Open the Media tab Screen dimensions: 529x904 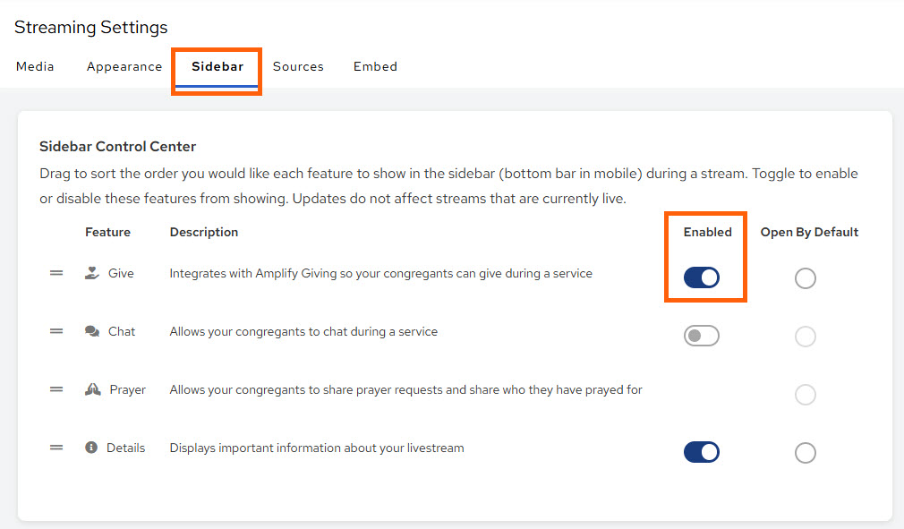pyautogui.click(x=35, y=66)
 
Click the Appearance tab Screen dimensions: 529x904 pyautogui.click(x=124, y=66)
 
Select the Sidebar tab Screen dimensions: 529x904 pyautogui.click(x=217, y=66)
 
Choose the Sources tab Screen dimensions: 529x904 pyautogui.click(x=298, y=66)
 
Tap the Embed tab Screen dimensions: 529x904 pyautogui.click(x=375, y=66)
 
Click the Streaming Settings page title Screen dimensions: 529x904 pyautogui.click(x=90, y=28)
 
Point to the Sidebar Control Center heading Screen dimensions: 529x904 pyautogui.click(x=117, y=146)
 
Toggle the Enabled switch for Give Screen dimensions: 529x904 pyautogui.click(x=702, y=277)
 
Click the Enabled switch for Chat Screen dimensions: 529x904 pyautogui.click(x=702, y=336)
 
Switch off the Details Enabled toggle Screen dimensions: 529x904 pyautogui.click(x=702, y=452)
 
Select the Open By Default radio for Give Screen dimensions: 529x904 pyautogui.click(x=806, y=278)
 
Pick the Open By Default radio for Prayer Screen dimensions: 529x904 pyautogui.click(x=806, y=395)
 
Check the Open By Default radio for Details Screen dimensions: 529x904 pyautogui.click(x=806, y=453)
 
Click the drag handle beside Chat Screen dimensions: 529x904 pyautogui.click(x=56, y=331)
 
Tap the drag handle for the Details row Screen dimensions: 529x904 pyautogui.click(x=56, y=448)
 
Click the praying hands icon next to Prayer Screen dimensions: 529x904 pyautogui.click(x=92, y=389)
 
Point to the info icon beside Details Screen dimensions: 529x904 pyautogui.click(x=91, y=448)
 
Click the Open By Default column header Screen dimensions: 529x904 pyautogui.click(x=809, y=232)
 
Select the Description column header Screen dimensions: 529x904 pyautogui.click(x=204, y=232)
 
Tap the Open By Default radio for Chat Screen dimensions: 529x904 pyautogui.click(x=806, y=337)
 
